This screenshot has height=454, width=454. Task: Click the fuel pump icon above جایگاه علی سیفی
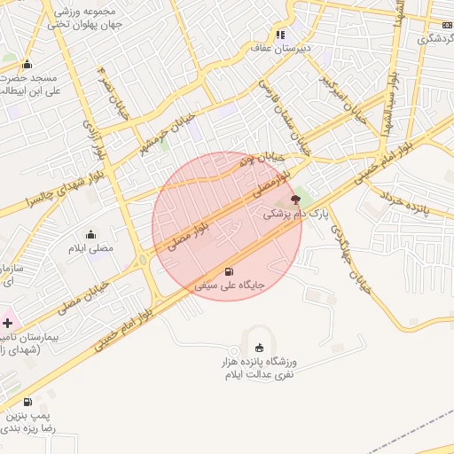(230, 272)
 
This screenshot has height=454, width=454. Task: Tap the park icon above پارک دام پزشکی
(295, 200)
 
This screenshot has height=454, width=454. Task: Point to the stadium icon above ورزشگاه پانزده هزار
(259, 348)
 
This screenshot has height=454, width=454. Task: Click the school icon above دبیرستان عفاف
(280, 35)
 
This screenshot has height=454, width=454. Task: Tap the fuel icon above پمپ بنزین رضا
(27, 402)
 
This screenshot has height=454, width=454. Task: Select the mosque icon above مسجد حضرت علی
(27, 64)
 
